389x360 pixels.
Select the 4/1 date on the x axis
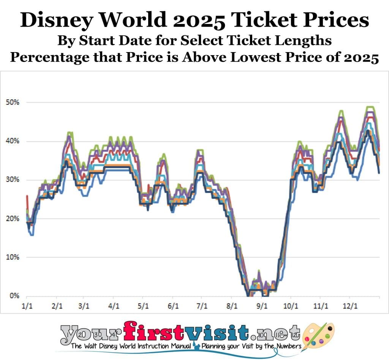[113, 306]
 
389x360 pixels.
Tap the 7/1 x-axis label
[202, 306]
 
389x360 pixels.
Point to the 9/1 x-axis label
[261, 306]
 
